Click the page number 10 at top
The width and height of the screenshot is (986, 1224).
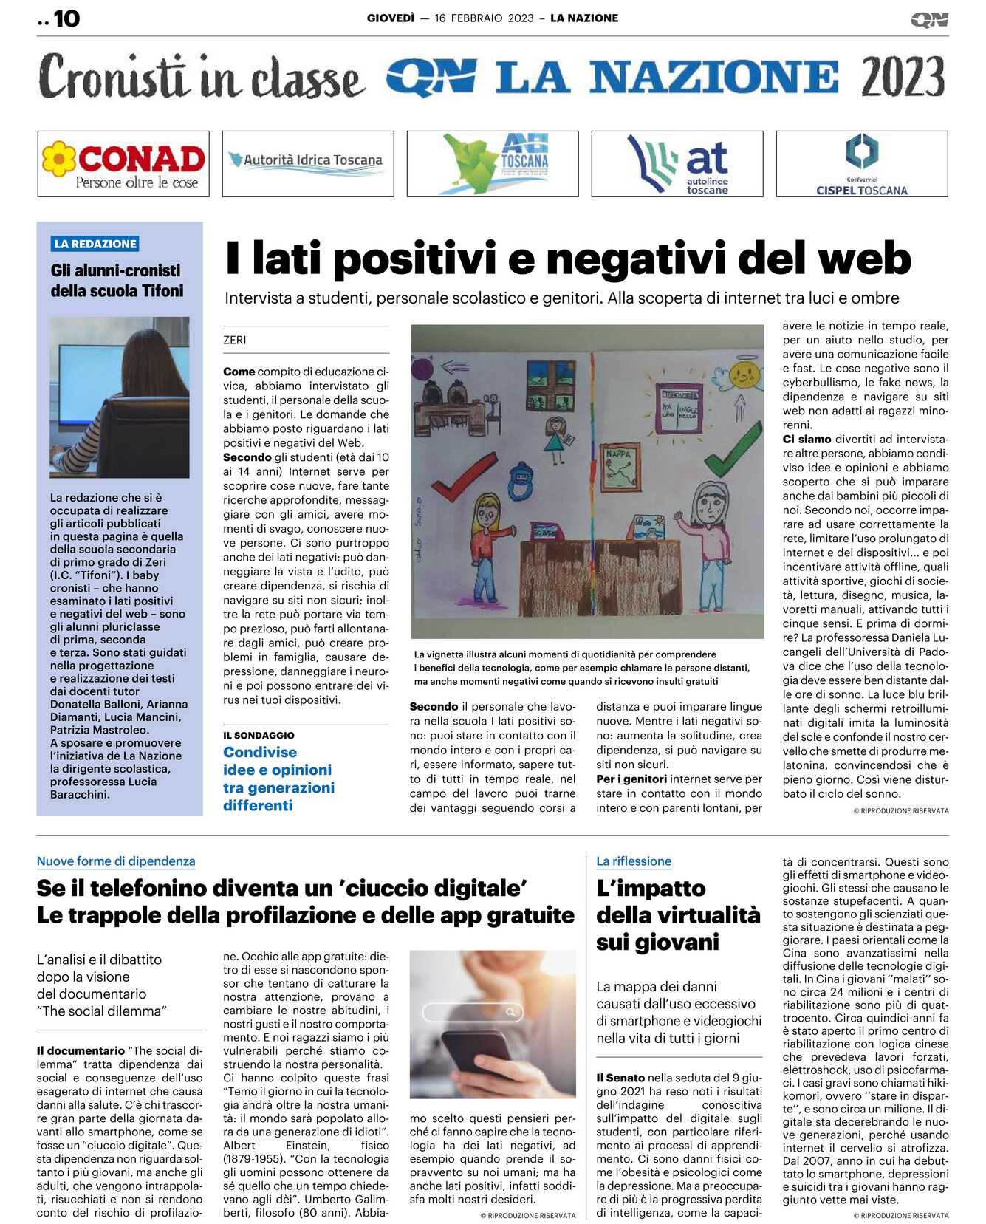click(66, 18)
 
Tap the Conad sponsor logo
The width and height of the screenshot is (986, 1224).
click(123, 164)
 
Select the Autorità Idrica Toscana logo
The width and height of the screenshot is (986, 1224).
click(308, 163)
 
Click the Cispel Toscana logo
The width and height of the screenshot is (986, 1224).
click(861, 164)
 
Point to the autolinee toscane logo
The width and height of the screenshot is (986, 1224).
click(677, 164)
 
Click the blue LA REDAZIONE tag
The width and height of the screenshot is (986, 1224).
click(95, 244)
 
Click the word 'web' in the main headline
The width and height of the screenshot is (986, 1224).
click(864, 259)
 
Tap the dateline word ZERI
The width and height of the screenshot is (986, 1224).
click(235, 340)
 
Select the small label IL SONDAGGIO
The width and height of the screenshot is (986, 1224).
click(259, 735)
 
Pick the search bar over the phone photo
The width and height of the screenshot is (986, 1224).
click(472, 1011)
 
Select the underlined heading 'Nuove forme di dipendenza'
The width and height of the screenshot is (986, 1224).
click(116, 861)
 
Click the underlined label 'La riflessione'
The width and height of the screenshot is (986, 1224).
click(634, 861)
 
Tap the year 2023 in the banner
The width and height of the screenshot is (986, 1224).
click(902, 76)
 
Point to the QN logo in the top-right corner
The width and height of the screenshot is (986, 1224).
click(929, 19)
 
